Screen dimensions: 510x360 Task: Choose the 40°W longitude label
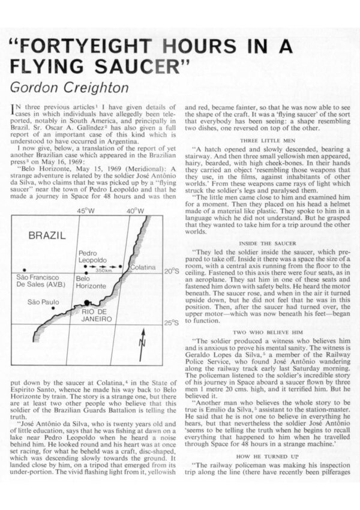[x=135, y=211]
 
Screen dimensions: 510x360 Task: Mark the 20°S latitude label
[x=172, y=271]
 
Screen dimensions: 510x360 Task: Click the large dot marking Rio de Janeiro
[x=88, y=303]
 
